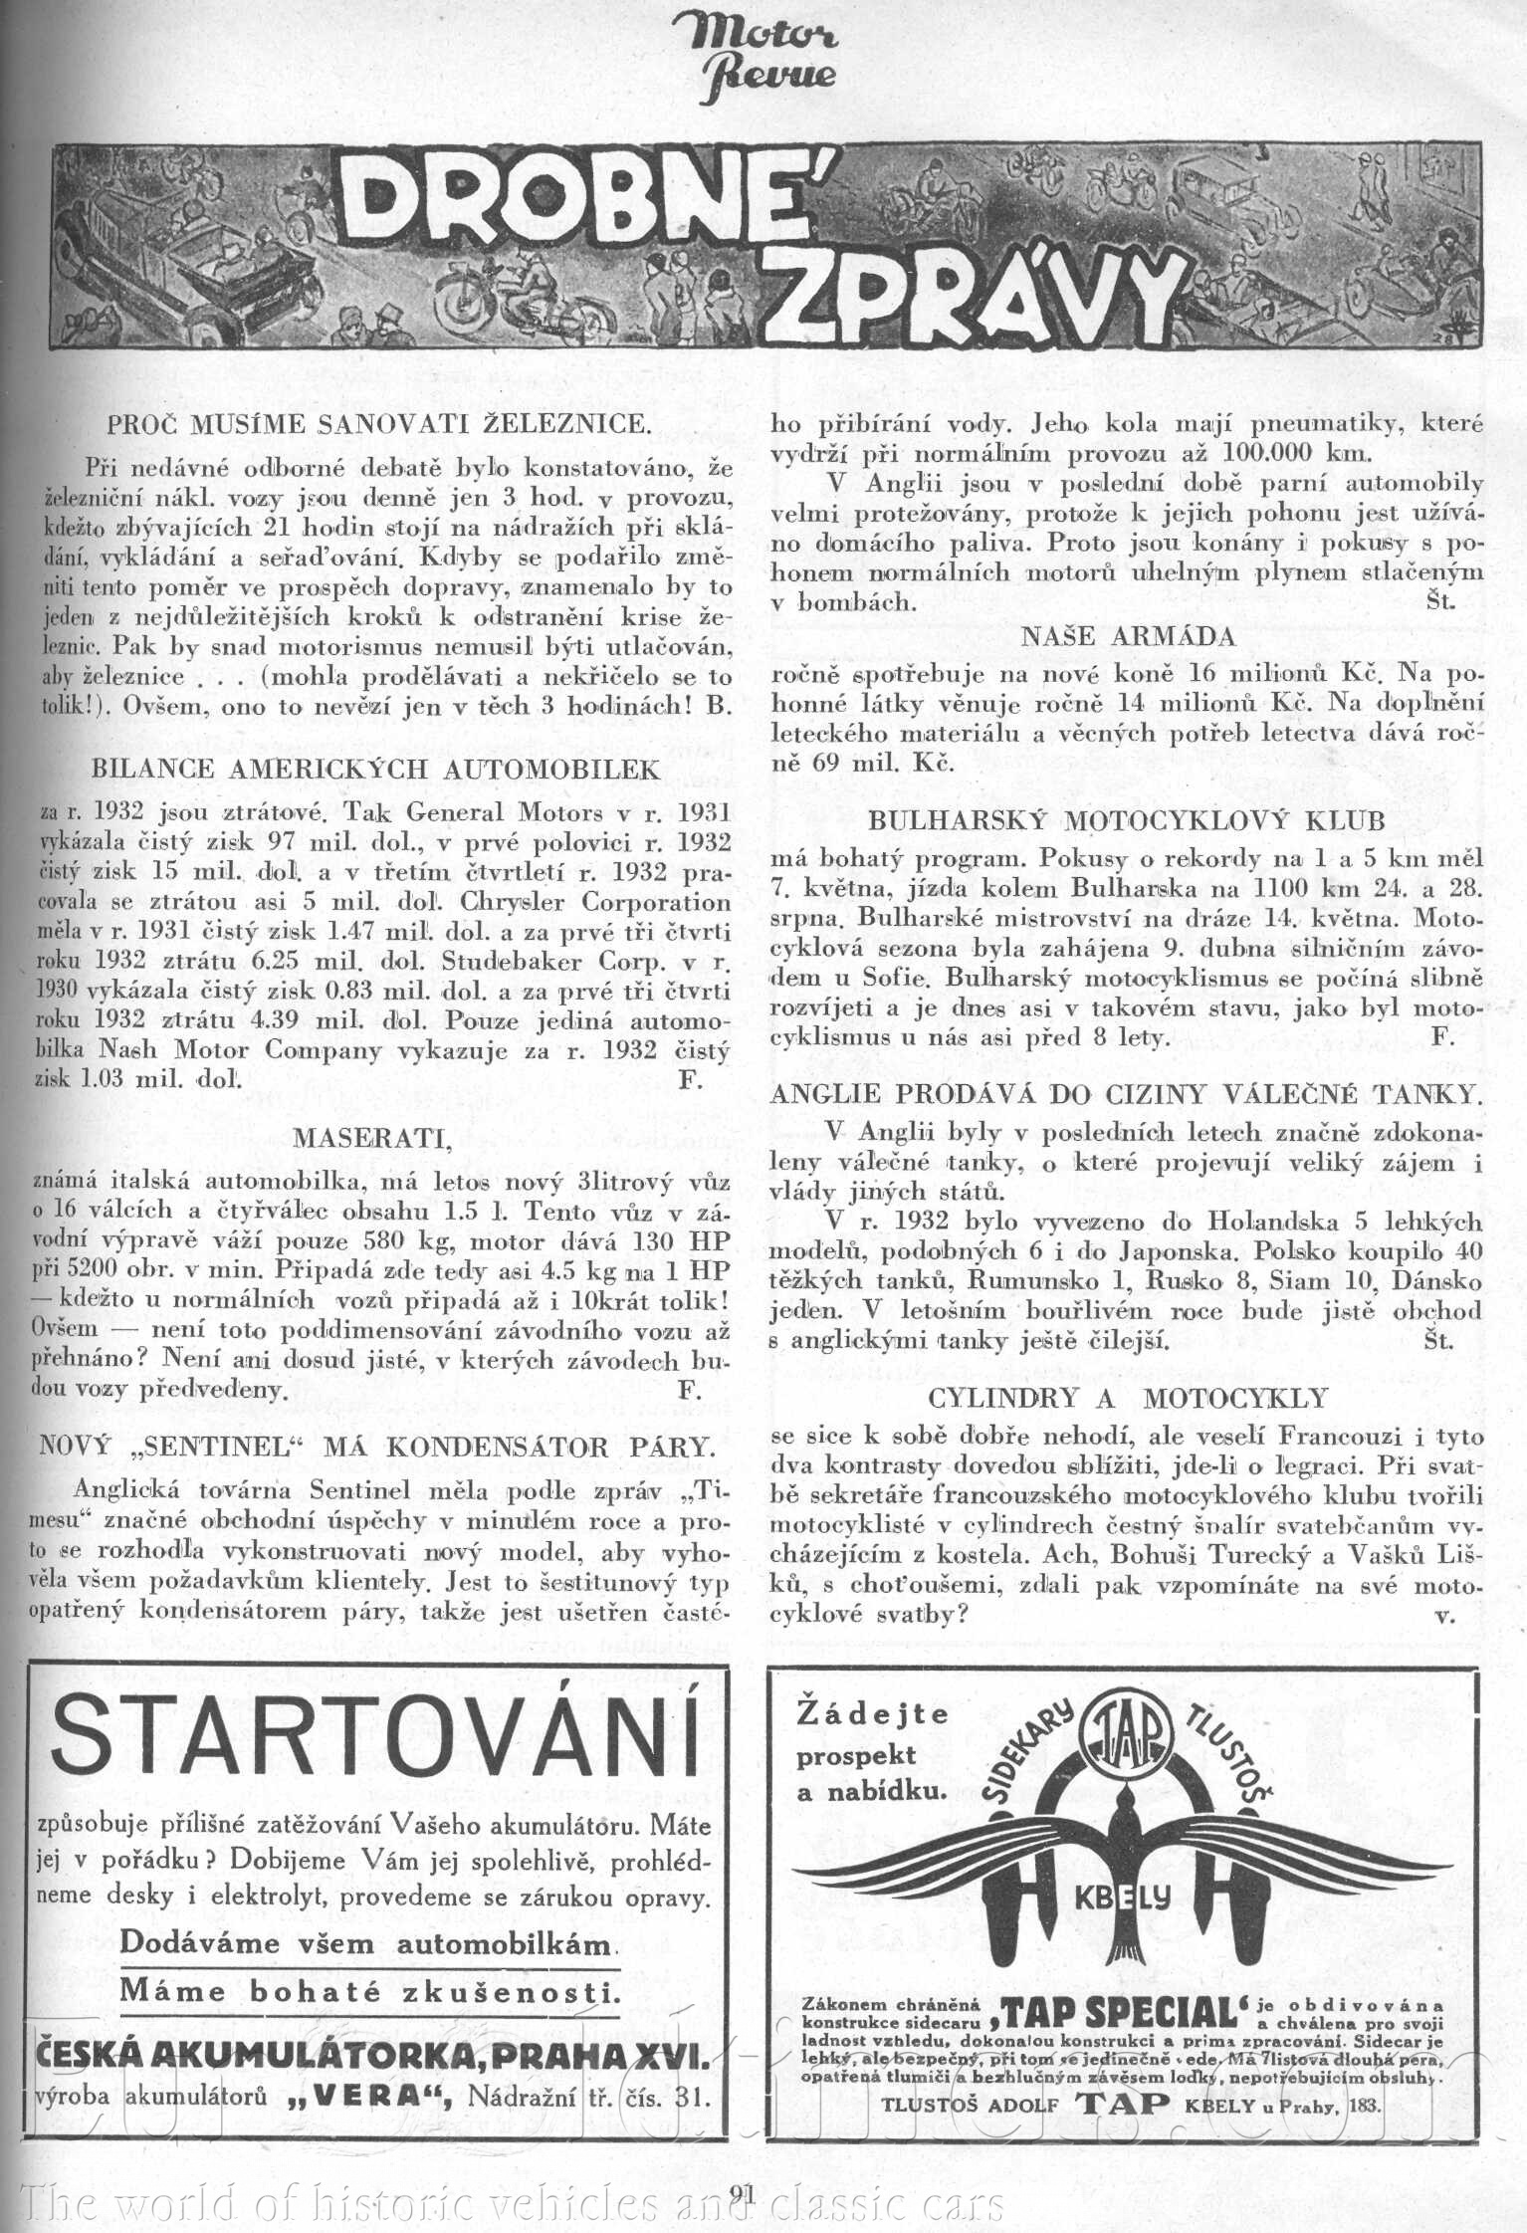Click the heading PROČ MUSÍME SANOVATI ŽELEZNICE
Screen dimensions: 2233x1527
379,424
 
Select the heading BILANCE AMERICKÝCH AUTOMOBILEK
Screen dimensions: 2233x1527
376,770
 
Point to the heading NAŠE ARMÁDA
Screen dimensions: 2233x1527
1128,637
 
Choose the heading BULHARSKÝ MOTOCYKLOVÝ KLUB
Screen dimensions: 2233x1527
1127,821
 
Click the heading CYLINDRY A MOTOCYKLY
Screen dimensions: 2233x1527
1128,1399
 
